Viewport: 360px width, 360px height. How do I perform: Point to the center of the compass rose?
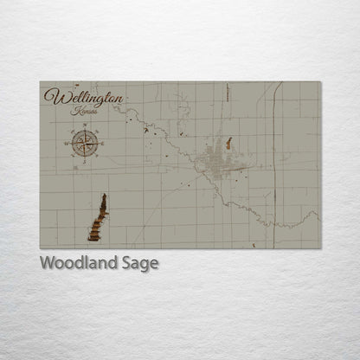[x=85, y=143]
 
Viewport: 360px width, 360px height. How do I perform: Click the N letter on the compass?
[x=85, y=126]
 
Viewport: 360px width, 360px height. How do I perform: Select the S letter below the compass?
[x=85, y=161]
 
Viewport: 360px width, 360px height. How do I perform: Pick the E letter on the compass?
[x=103, y=143]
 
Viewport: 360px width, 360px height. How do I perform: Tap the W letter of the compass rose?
[x=67, y=143]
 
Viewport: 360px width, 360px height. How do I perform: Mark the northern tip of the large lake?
[x=104, y=196]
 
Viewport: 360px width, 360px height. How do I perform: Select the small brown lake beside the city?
[x=228, y=143]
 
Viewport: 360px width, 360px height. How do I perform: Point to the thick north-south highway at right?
[x=274, y=156]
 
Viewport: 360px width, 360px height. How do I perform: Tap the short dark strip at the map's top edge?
[x=226, y=87]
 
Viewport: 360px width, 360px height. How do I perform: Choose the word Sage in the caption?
[x=140, y=263]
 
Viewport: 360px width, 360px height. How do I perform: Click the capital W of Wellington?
[x=57, y=97]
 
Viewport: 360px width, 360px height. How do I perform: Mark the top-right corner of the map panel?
[x=320, y=82]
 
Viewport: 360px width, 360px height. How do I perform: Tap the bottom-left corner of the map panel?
[x=40, y=247]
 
